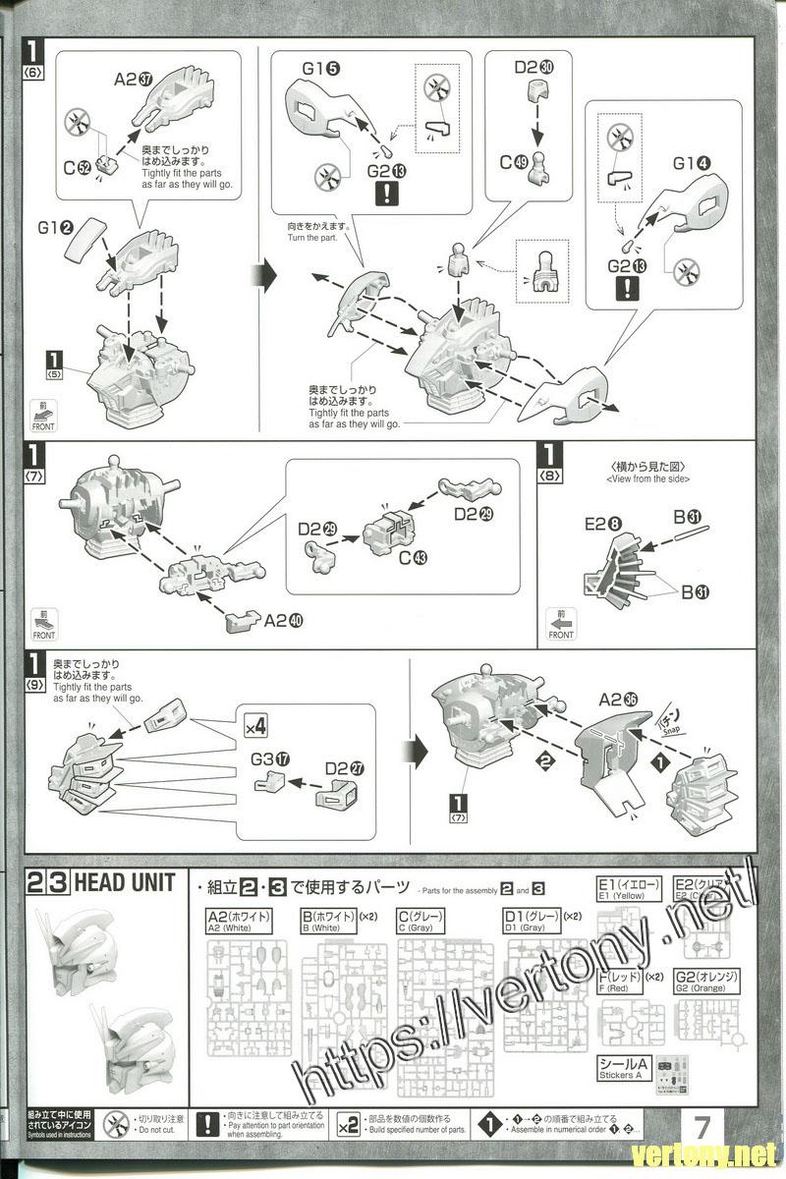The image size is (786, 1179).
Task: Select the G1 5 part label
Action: coord(320,70)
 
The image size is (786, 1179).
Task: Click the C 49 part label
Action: coord(511,163)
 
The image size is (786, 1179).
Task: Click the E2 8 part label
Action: coord(601,525)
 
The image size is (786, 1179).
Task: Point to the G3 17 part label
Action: coord(270,759)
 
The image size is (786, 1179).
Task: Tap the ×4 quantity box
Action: coord(255,728)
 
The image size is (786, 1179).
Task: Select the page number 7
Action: coord(702,1123)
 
